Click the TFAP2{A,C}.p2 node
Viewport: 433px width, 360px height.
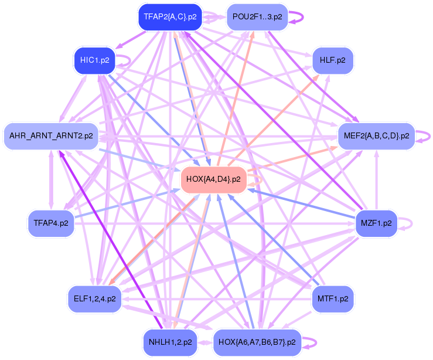coord(170,17)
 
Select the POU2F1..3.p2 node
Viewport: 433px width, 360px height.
coord(257,17)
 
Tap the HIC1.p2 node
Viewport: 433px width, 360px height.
coord(94,60)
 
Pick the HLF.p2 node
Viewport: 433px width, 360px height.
coord(332,60)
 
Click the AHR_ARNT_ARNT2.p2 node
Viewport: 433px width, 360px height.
coord(51,136)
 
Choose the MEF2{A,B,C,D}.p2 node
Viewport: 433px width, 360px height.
coord(376,136)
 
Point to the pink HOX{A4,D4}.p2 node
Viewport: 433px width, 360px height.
coord(213,179)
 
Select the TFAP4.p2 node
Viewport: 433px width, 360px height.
coord(51,223)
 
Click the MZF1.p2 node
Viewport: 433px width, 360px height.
coord(376,223)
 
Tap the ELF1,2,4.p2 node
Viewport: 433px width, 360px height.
coord(94,298)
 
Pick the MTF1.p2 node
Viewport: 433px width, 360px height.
coord(332,298)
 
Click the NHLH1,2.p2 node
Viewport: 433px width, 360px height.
coord(169,342)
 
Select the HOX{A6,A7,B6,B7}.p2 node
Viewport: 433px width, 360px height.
coord(256,342)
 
